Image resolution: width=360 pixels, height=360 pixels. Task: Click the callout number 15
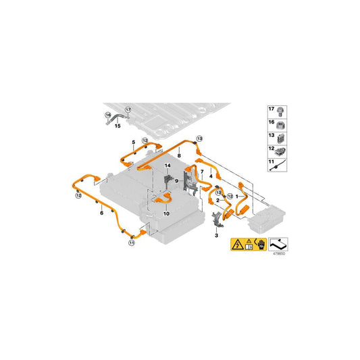click(118, 126)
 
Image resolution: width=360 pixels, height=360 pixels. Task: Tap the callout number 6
click(102, 213)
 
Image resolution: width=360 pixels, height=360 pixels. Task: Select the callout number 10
click(166, 213)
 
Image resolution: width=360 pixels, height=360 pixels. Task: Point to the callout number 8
click(179, 155)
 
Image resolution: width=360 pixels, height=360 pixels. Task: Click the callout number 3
click(216, 235)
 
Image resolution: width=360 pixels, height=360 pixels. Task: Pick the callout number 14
click(168, 165)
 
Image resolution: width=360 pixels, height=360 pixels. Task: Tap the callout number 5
click(134, 143)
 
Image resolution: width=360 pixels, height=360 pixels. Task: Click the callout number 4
click(211, 176)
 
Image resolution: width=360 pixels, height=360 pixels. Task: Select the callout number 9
click(176, 181)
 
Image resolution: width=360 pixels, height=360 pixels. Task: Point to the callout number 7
click(202, 172)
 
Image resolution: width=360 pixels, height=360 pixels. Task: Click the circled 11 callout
click(132, 242)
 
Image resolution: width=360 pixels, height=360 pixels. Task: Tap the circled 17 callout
click(128, 110)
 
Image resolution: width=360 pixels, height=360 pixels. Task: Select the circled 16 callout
click(108, 115)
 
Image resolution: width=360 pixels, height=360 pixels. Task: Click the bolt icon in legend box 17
click(280, 112)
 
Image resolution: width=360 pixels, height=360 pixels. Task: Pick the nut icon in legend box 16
click(280, 126)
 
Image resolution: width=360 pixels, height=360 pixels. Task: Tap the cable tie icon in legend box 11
click(278, 165)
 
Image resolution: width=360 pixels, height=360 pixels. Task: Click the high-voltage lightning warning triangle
click(238, 245)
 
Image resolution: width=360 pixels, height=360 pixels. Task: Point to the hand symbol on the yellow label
click(261, 245)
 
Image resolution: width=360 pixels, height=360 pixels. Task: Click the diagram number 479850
click(279, 254)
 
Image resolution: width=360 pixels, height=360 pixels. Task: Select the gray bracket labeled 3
click(217, 220)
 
